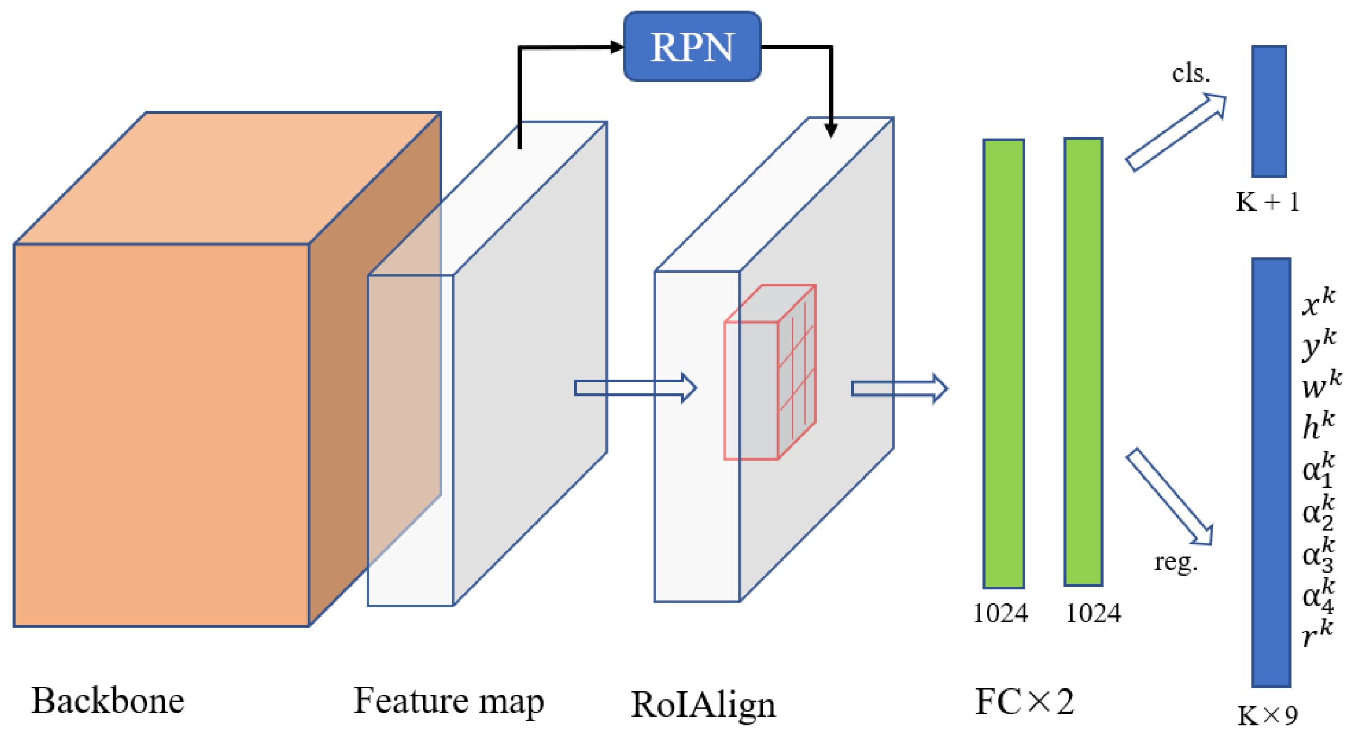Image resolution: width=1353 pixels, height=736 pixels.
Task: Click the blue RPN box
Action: (x=692, y=47)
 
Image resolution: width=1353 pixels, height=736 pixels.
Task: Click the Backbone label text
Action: (x=108, y=701)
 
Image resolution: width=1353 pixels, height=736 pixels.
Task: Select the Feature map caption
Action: (x=448, y=701)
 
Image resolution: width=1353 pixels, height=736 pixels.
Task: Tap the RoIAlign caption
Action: (x=703, y=705)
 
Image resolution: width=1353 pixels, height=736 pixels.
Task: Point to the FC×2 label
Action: (x=1024, y=702)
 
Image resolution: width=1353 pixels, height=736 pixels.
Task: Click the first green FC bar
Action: (x=1003, y=364)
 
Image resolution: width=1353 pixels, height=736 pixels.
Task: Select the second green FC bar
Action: (x=1083, y=362)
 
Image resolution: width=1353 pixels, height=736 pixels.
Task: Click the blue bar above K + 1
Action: (x=1269, y=111)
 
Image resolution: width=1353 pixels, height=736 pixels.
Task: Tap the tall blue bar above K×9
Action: (x=1271, y=473)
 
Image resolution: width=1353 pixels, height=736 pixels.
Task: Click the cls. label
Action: (x=1191, y=73)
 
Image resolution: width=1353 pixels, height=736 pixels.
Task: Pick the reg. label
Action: (x=1175, y=562)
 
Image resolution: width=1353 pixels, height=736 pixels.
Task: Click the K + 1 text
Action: (x=1267, y=203)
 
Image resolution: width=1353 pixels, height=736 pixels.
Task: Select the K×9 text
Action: (x=1267, y=716)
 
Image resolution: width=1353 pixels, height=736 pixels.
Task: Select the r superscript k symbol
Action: (x=1318, y=633)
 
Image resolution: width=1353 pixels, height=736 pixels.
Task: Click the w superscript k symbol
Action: (x=1320, y=385)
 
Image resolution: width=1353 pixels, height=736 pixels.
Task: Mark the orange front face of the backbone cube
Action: (x=161, y=435)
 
